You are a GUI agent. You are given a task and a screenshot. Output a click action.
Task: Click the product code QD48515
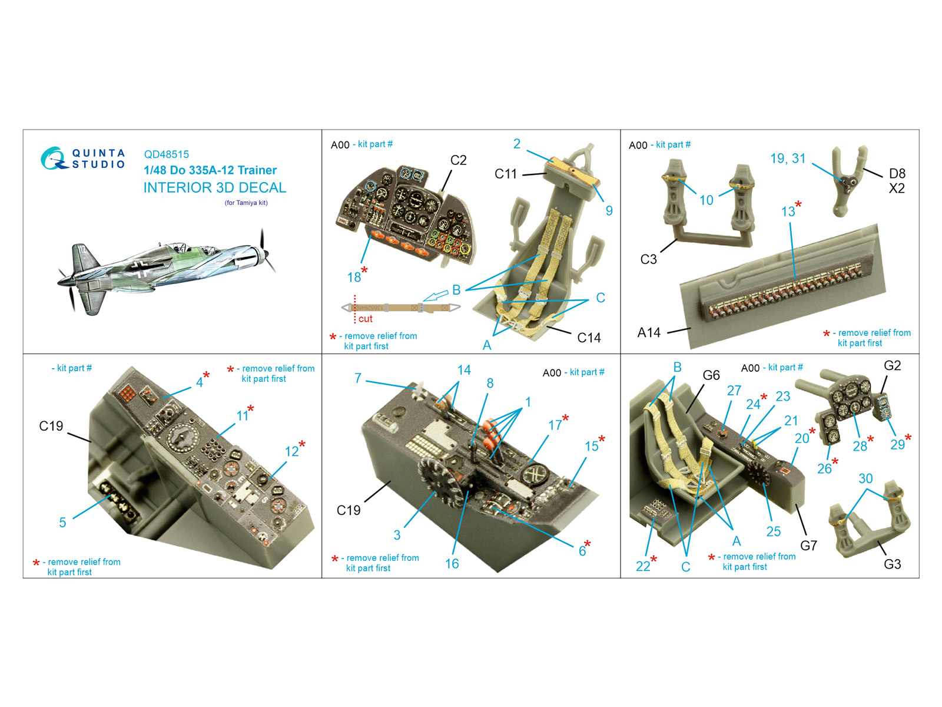click(x=166, y=154)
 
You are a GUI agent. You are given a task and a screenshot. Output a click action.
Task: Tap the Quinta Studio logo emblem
click(x=53, y=158)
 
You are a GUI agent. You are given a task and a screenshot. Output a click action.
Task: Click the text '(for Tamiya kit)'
click(x=246, y=203)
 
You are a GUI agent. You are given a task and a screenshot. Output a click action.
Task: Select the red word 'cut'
click(x=365, y=319)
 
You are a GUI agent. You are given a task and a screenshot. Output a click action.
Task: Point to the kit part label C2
click(x=458, y=160)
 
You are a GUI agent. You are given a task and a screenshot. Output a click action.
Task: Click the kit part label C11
click(x=505, y=174)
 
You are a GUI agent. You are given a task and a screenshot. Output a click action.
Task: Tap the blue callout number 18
click(x=354, y=277)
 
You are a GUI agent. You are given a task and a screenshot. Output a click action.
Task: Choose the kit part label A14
click(x=648, y=332)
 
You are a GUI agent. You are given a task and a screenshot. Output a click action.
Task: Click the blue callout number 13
click(x=788, y=212)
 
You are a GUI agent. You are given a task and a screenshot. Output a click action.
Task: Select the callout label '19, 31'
click(x=788, y=158)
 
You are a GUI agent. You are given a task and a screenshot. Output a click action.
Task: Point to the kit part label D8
click(x=897, y=173)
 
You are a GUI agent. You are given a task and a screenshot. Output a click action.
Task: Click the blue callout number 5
click(x=62, y=522)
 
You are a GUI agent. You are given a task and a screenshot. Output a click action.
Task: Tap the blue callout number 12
click(x=292, y=451)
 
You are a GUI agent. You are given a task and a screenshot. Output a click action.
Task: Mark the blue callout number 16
click(x=452, y=564)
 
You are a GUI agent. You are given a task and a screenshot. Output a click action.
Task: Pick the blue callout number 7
click(x=358, y=378)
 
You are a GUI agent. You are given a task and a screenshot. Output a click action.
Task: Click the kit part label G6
click(x=711, y=375)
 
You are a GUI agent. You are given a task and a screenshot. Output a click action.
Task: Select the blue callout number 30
click(x=865, y=478)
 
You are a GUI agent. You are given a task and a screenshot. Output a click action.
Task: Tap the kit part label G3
click(x=892, y=564)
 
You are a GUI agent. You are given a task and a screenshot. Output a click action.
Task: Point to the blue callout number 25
click(x=774, y=531)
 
